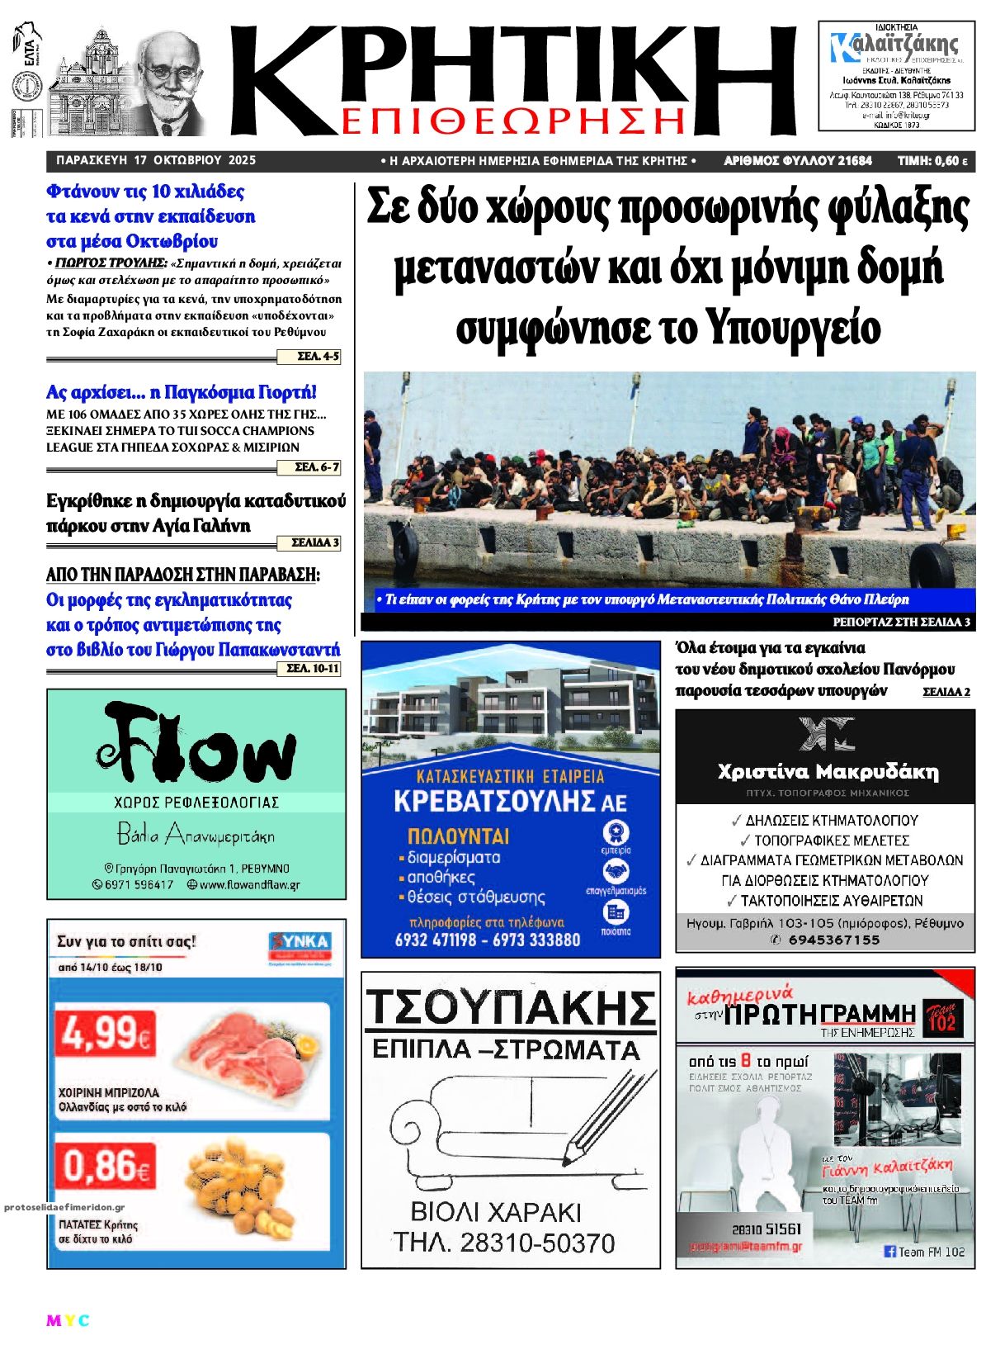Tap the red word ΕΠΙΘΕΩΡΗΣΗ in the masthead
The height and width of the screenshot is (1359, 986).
tap(512, 121)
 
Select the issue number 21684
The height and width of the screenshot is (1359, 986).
tap(853, 161)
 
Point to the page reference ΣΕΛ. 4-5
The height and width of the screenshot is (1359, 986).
tap(318, 357)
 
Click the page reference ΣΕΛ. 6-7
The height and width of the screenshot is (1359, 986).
tap(317, 467)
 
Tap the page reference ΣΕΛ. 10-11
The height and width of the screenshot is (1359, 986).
tap(313, 669)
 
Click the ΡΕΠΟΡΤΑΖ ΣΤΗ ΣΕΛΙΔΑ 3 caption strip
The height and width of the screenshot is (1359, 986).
tap(901, 622)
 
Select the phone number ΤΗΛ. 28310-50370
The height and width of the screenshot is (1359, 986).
tap(503, 1243)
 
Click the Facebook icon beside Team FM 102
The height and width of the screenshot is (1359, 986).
tap(889, 1252)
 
